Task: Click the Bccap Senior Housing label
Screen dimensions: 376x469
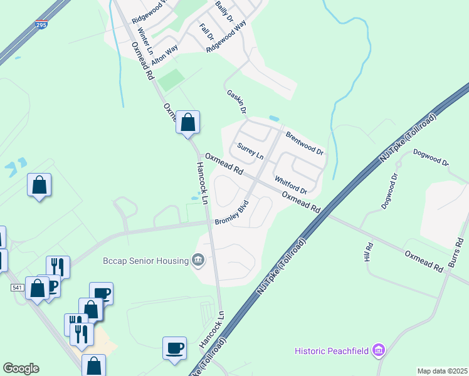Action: coord(146,261)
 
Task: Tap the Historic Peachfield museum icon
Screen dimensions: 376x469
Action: coord(378,350)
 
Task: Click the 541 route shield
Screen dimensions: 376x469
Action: coord(17,288)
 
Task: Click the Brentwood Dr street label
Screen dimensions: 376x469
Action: coord(304,144)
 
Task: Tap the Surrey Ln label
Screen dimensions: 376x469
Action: coord(250,151)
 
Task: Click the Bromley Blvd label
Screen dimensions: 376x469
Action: coord(232,213)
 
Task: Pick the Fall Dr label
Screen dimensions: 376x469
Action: coord(206,31)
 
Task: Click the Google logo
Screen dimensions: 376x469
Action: coord(21,368)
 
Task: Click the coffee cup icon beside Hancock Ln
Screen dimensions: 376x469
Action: coord(174,347)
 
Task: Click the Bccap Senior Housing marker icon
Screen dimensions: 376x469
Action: coord(199,259)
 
